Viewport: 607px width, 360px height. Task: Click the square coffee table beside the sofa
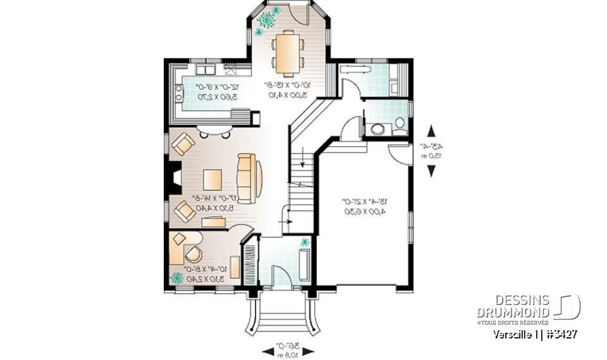click(x=213, y=178)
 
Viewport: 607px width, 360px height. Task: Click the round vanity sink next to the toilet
click(x=377, y=130)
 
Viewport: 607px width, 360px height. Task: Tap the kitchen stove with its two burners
click(x=179, y=96)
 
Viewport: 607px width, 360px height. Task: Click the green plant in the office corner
click(x=178, y=277)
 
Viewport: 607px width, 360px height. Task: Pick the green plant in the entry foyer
click(x=306, y=242)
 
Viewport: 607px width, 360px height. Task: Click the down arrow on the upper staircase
click(x=303, y=158)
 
